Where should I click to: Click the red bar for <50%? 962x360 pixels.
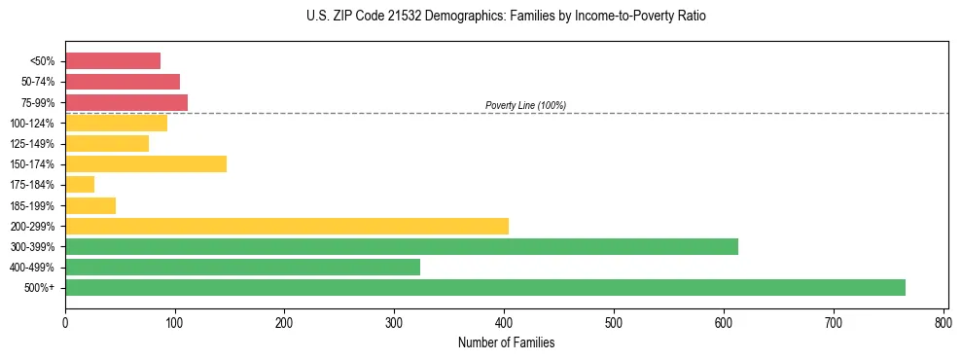point(113,61)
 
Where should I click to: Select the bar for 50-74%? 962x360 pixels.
point(123,82)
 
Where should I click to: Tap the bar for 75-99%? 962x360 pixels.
point(126,102)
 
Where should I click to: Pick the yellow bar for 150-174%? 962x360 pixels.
point(146,163)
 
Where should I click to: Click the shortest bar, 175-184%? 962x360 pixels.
point(80,185)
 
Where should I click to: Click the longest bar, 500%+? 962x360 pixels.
point(485,287)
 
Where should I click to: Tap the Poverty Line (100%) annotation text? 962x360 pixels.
point(525,105)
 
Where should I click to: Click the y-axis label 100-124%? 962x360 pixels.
point(32,124)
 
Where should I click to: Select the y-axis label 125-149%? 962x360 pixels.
point(32,144)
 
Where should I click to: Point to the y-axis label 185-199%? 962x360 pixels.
point(32,205)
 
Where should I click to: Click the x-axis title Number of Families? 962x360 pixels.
point(506,342)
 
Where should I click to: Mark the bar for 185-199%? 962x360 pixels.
point(90,205)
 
